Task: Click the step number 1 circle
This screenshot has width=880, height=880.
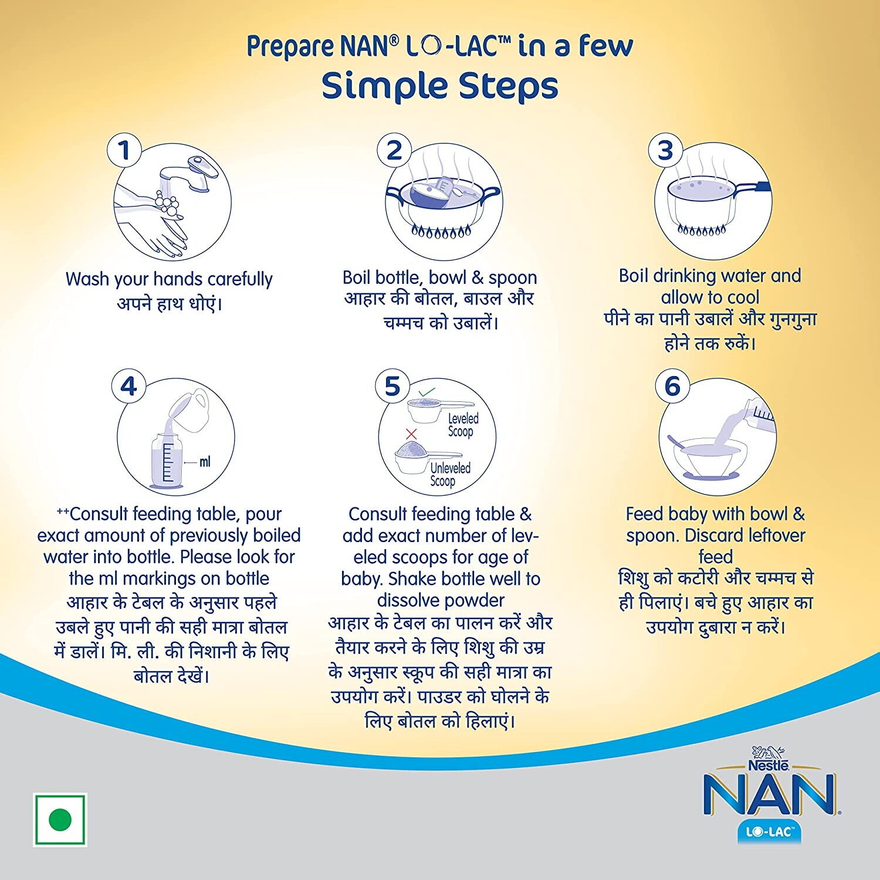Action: point(124,151)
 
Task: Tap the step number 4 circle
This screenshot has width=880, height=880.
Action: point(128,387)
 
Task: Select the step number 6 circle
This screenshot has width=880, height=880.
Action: point(672,387)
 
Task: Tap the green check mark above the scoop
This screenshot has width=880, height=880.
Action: point(427,391)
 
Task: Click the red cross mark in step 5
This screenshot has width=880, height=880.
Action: point(411,434)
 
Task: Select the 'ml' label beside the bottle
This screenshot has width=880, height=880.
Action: point(205,462)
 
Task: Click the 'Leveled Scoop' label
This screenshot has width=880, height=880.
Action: point(463,425)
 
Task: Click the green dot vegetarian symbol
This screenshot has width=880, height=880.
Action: point(60,820)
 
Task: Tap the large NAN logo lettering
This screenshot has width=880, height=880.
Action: point(769,796)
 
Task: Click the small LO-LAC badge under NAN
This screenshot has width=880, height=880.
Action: point(769,832)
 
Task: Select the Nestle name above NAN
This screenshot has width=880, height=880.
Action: point(768,765)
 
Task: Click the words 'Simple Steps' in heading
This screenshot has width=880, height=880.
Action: point(439,86)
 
